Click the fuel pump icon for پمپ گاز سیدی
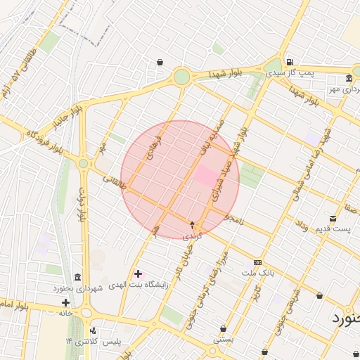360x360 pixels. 289,60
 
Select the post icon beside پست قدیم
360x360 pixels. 332,219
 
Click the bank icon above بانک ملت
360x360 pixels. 257,261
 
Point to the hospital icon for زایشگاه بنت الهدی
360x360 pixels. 137,273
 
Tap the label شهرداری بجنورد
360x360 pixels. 77,288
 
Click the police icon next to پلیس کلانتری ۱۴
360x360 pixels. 93,330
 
